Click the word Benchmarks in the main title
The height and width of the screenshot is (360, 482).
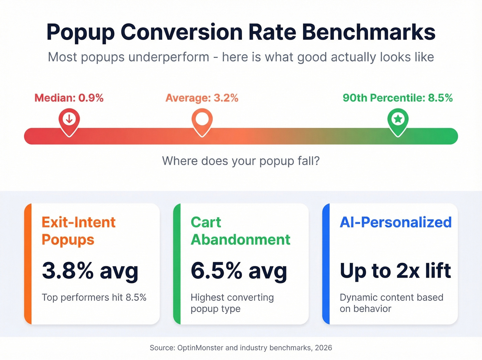point(368,32)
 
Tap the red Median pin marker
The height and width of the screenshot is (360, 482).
point(69,121)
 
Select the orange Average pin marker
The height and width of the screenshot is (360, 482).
point(202,121)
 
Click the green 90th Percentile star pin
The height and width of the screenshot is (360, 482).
point(398,121)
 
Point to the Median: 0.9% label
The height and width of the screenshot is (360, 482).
point(69,98)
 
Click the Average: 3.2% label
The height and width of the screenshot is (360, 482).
point(202,98)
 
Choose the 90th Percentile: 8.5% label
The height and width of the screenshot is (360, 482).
point(398,98)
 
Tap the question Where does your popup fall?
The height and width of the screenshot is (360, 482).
point(241,161)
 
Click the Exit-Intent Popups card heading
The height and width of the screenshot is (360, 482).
point(78,231)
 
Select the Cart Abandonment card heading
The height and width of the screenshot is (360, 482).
point(240,231)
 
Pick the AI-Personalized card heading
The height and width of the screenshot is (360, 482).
point(396,222)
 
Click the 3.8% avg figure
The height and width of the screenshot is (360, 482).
point(90,271)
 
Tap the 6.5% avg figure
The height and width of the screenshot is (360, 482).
point(239,271)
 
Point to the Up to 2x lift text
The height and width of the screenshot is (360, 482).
point(395,271)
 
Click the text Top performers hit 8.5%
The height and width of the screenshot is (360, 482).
point(94,297)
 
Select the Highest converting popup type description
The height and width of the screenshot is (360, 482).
point(232,303)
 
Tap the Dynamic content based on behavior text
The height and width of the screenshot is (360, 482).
point(391,303)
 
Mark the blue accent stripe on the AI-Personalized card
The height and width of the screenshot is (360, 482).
point(326,264)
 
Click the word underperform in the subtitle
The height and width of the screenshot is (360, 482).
point(169,57)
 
